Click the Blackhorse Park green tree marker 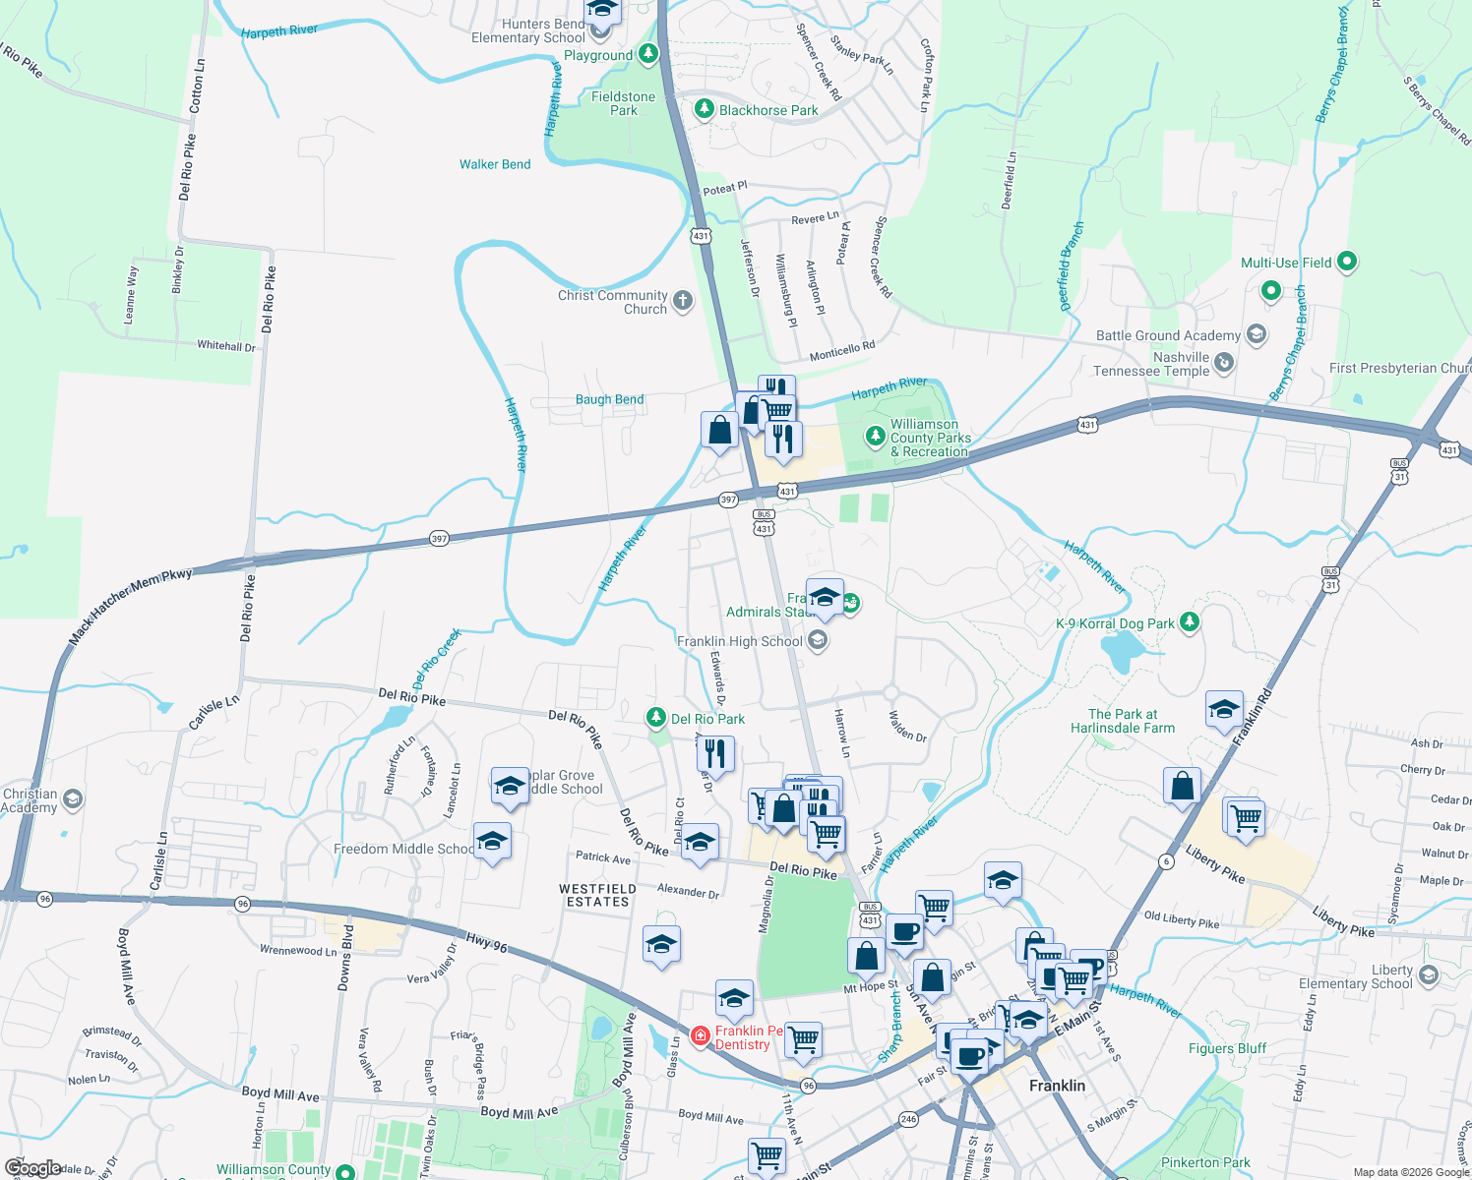point(704,109)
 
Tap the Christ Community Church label point(612,302)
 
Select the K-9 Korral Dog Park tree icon point(1190,622)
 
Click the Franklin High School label point(740,641)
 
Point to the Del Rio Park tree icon point(656,718)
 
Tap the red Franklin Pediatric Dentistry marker point(700,1035)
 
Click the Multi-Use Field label point(1286,263)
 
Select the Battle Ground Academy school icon point(1256,334)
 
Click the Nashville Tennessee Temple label point(1151,364)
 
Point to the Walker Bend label point(495,164)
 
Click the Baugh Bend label point(609,399)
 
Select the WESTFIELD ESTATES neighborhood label point(597,895)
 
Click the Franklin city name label point(1057,1086)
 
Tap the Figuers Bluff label point(1227,1048)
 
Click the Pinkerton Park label point(1205,1162)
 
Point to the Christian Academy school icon point(72,799)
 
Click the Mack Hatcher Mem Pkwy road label point(130,606)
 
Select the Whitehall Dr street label point(225,345)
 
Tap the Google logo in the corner point(32,1168)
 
